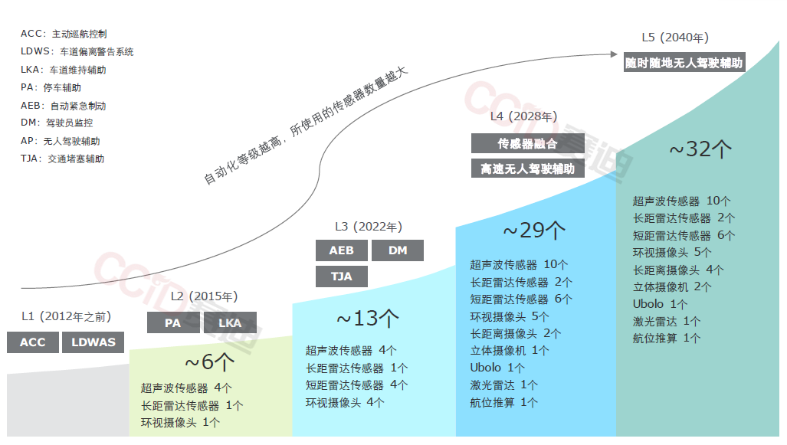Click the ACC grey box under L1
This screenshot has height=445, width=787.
pos(33,342)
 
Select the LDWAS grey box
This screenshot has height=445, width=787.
pos(93,342)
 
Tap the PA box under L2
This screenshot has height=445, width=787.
pos(172,323)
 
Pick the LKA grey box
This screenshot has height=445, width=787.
pos(230,323)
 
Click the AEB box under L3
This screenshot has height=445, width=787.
pos(341,250)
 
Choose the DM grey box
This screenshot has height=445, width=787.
pos(398,250)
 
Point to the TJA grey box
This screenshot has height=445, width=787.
pos(341,276)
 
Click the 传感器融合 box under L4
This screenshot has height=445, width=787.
pos(527,143)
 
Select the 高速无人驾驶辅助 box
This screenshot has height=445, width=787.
pos(527,169)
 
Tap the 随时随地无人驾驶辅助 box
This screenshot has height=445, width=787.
pos(684,64)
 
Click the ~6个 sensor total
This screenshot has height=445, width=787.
pos(209,362)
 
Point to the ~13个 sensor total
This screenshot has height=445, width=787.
pos(368,318)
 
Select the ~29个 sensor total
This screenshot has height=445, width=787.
pos(534,230)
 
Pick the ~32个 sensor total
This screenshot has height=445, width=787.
pos(700,149)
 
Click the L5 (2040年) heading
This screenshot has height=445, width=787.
pos(675,38)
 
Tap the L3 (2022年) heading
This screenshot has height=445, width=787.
pos(369,227)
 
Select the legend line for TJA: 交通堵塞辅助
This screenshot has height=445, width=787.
pos(63,159)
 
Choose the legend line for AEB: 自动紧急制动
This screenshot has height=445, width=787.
pos(64,106)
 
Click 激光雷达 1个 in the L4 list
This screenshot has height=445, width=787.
pos(503,384)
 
